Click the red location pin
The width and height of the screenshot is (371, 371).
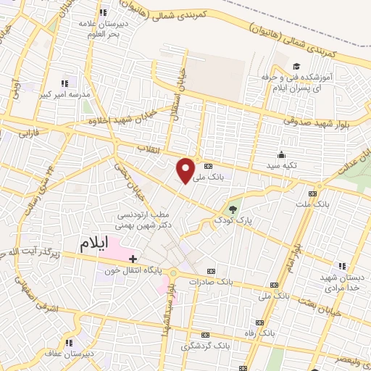[186, 170]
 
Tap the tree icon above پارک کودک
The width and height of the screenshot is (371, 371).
[233, 206]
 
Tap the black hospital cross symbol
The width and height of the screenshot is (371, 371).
[132, 257]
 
